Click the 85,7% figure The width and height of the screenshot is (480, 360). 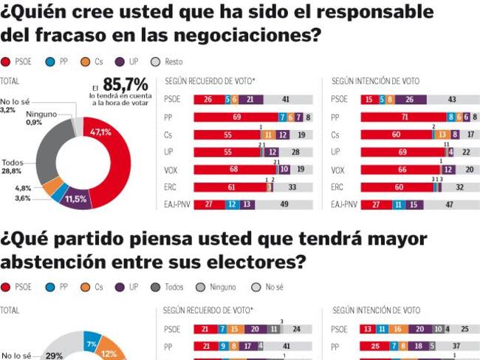126,84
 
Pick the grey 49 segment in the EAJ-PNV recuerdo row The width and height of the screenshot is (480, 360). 284,205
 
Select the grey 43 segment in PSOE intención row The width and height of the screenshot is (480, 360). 452,99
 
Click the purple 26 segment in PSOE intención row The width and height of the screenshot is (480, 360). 410,99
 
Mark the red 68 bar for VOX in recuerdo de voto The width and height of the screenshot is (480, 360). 234,169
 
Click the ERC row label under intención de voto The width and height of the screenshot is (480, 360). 338,187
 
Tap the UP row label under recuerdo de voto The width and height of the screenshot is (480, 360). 169,152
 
